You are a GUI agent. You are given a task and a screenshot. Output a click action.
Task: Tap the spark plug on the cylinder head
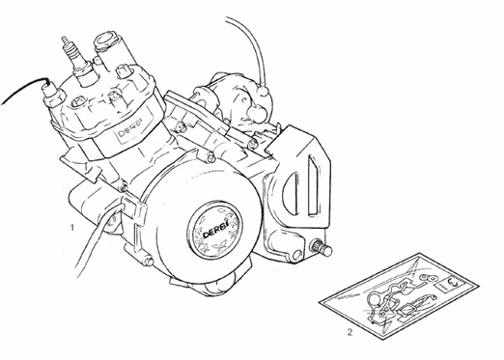pyautogui.click(x=68, y=49)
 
